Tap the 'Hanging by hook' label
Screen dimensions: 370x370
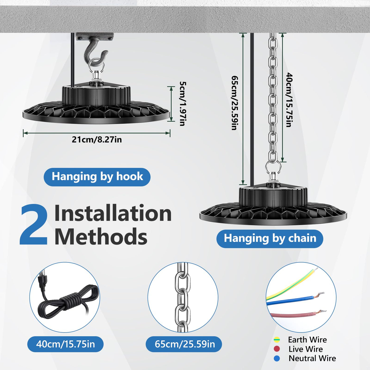pyautogui.click(x=97, y=177)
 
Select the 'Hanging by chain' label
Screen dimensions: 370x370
pyautogui.click(x=270, y=239)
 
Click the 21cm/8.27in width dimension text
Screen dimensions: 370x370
pyautogui.click(x=97, y=140)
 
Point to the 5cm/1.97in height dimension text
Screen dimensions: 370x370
pyautogui.click(x=183, y=104)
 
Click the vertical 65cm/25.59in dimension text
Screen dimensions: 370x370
pyautogui.click(x=235, y=103)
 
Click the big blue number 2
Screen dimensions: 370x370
pyautogui.click(x=34, y=225)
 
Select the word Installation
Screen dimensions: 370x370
pyautogui.click(x=113, y=213)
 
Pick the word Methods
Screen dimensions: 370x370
pyautogui.click(x=101, y=236)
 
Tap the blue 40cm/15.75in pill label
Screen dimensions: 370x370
pyautogui.click(x=65, y=344)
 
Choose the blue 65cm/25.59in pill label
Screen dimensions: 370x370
pyautogui.click(x=184, y=344)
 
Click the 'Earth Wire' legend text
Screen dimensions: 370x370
pyautogui.click(x=307, y=340)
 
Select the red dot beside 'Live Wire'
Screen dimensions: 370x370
pyautogui.click(x=277, y=349)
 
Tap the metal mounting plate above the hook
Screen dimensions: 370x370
pyautogui.click(x=95, y=36)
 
